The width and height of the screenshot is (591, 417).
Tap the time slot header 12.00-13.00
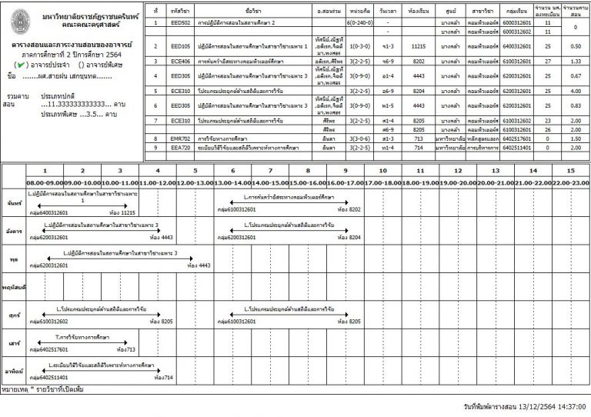[195, 181]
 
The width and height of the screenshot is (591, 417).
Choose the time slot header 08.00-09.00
[45, 181]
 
